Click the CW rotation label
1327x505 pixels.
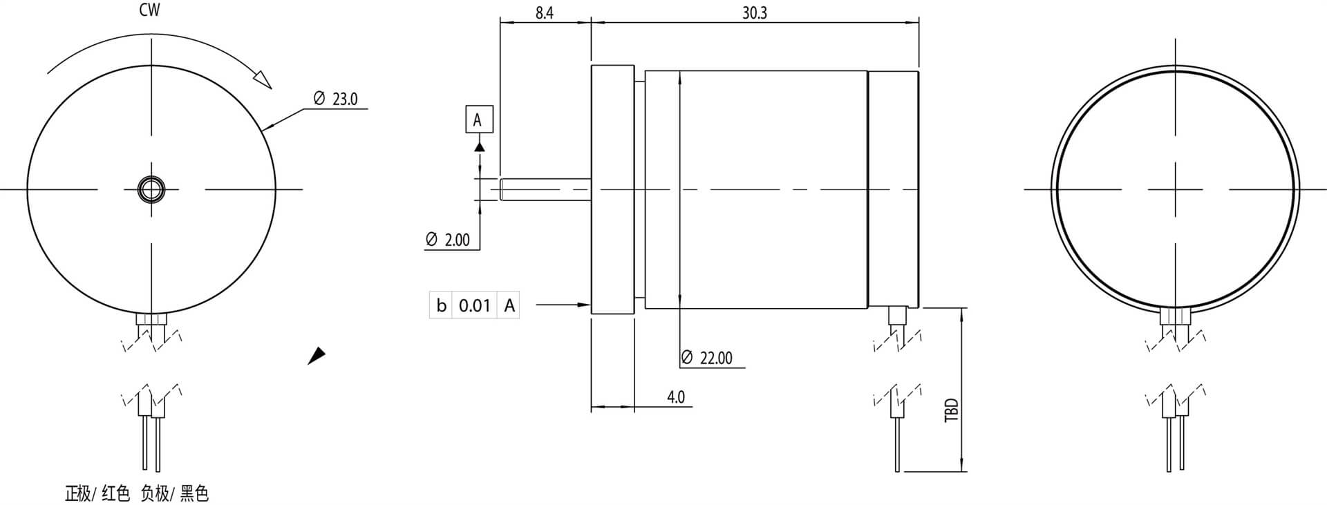coord(149,10)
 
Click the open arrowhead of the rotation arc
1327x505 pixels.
coord(263,79)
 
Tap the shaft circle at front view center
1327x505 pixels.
coord(151,189)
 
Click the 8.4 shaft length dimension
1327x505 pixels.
coord(544,13)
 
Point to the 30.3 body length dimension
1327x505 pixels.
coord(754,13)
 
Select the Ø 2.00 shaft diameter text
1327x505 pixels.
coord(449,240)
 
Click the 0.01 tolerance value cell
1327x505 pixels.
coord(475,305)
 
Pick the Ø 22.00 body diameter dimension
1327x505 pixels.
coord(707,358)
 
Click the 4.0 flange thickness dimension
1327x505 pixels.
coord(675,397)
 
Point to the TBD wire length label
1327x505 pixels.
coord(952,410)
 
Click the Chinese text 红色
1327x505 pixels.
coord(115,493)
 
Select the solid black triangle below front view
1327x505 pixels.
coord(317,356)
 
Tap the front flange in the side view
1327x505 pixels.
coord(612,189)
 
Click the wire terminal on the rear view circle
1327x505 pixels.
coord(1175,317)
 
